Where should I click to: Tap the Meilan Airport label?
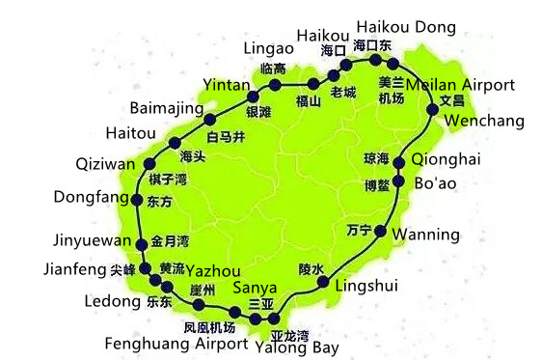tap(461, 85)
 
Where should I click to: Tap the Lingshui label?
tap(365, 286)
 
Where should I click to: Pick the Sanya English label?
tap(257, 288)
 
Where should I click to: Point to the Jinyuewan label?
tap(89, 240)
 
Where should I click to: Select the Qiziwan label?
tap(106, 164)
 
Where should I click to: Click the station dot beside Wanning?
tap(382, 232)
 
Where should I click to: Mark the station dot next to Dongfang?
tap(142, 201)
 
